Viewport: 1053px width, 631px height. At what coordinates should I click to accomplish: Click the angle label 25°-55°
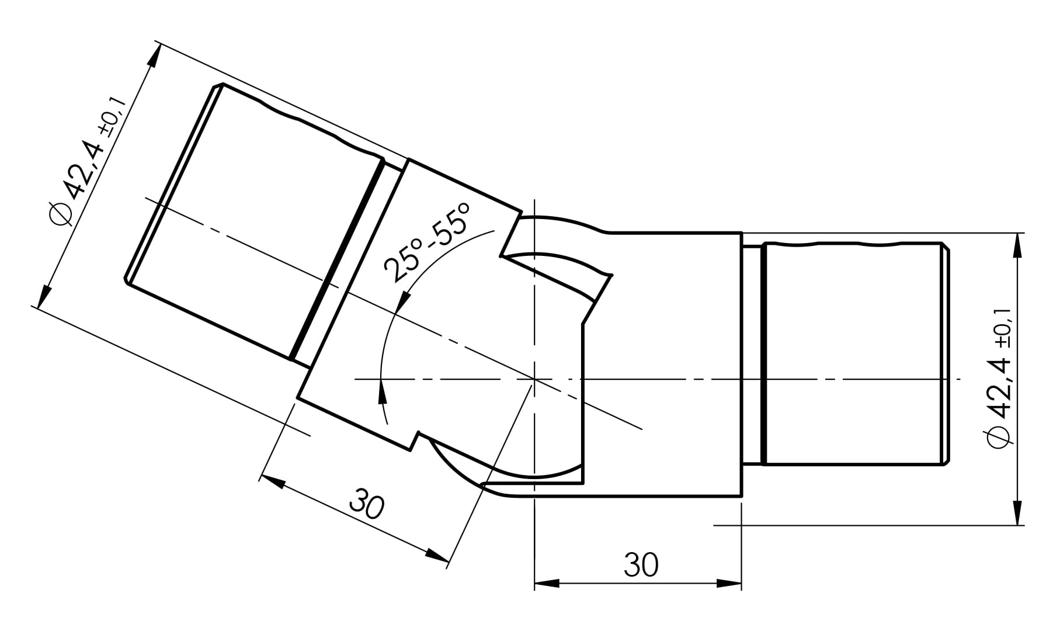[427, 242]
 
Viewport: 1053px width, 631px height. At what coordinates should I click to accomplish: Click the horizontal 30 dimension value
[641, 564]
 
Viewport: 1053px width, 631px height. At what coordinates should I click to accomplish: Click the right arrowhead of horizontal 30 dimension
[729, 583]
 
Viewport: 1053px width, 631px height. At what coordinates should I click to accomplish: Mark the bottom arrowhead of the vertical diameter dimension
[1019, 512]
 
